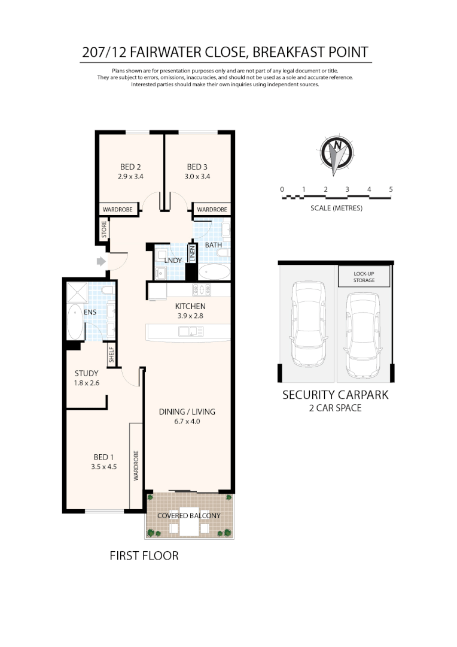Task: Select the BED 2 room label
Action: [x=130, y=167]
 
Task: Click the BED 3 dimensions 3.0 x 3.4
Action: [x=198, y=176]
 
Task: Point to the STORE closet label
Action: [x=103, y=230]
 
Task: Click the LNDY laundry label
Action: [x=172, y=261]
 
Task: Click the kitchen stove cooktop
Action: [x=201, y=290]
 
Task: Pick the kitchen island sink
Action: [x=189, y=330]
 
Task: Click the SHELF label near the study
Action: [x=111, y=355]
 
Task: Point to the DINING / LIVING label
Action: [x=187, y=412]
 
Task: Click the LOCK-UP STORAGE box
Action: [x=364, y=277]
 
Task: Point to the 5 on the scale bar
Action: [x=391, y=189]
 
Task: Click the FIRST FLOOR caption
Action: [x=144, y=556]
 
